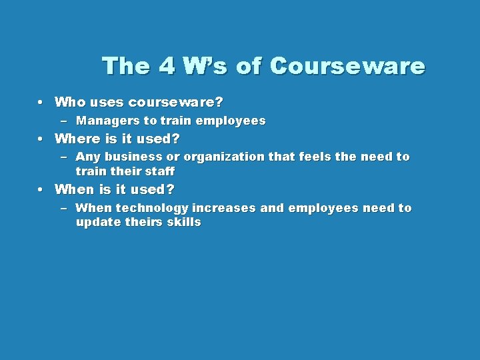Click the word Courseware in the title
pos(348,67)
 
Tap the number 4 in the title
pos(168,67)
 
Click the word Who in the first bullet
pos(69,103)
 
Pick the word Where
pos(75,139)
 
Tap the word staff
pos(159,171)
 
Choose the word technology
pos(152,208)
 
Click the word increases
pos(224,208)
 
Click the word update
pos(98,223)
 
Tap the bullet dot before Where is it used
pos(41,139)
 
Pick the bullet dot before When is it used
pos(41,190)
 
